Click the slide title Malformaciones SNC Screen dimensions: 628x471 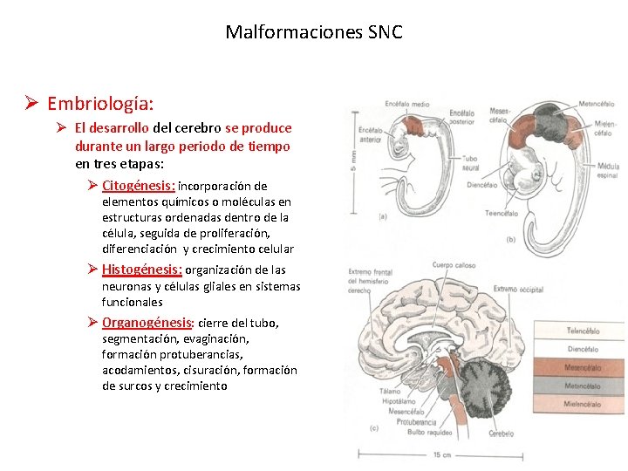pyautogui.click(x=314, y=33)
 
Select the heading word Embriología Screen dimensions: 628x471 pyautogui.click(x=100, y=105)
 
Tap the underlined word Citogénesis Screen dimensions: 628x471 pyautogui.click(x=139, y=186)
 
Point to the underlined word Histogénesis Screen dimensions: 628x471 pyautogui.click(x=141, y=270)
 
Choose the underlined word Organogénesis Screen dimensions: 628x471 pyautogui.click(x=146, y=323)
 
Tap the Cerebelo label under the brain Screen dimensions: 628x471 pyautogui.click(x=501, y=433)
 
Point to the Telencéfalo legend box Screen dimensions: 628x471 pyautogui.click(x=582, y=331)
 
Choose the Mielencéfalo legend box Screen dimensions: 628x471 pyautogui.click(x=582, y=405)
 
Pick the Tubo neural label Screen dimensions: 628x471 pyautogui.click(x=470, y=164)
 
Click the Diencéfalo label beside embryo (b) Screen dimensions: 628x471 pyautogui.click(x=481, y=185)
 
